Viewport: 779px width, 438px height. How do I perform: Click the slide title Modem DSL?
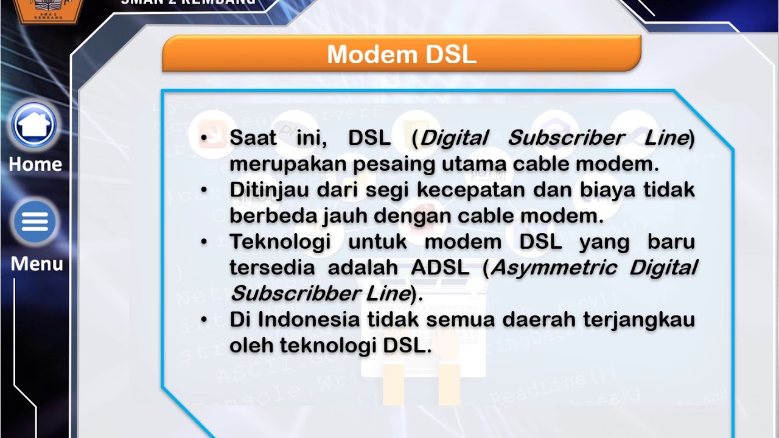(402, 55)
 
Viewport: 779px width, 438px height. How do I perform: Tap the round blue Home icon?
(35, 125)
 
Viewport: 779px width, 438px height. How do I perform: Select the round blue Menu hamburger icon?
(35, 223)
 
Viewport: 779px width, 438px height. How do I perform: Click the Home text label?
(35, 164)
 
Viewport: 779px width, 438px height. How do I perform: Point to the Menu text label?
(37, 264)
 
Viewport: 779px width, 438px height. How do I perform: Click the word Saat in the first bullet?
(253, 138)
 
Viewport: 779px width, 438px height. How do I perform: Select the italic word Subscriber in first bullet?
(566, 138)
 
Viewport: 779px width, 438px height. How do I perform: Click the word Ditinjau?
(268, 190)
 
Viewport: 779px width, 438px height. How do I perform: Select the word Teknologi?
(280, 242)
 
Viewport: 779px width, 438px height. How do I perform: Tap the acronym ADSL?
(440, 268)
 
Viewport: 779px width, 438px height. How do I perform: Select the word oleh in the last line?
(251, 346)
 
